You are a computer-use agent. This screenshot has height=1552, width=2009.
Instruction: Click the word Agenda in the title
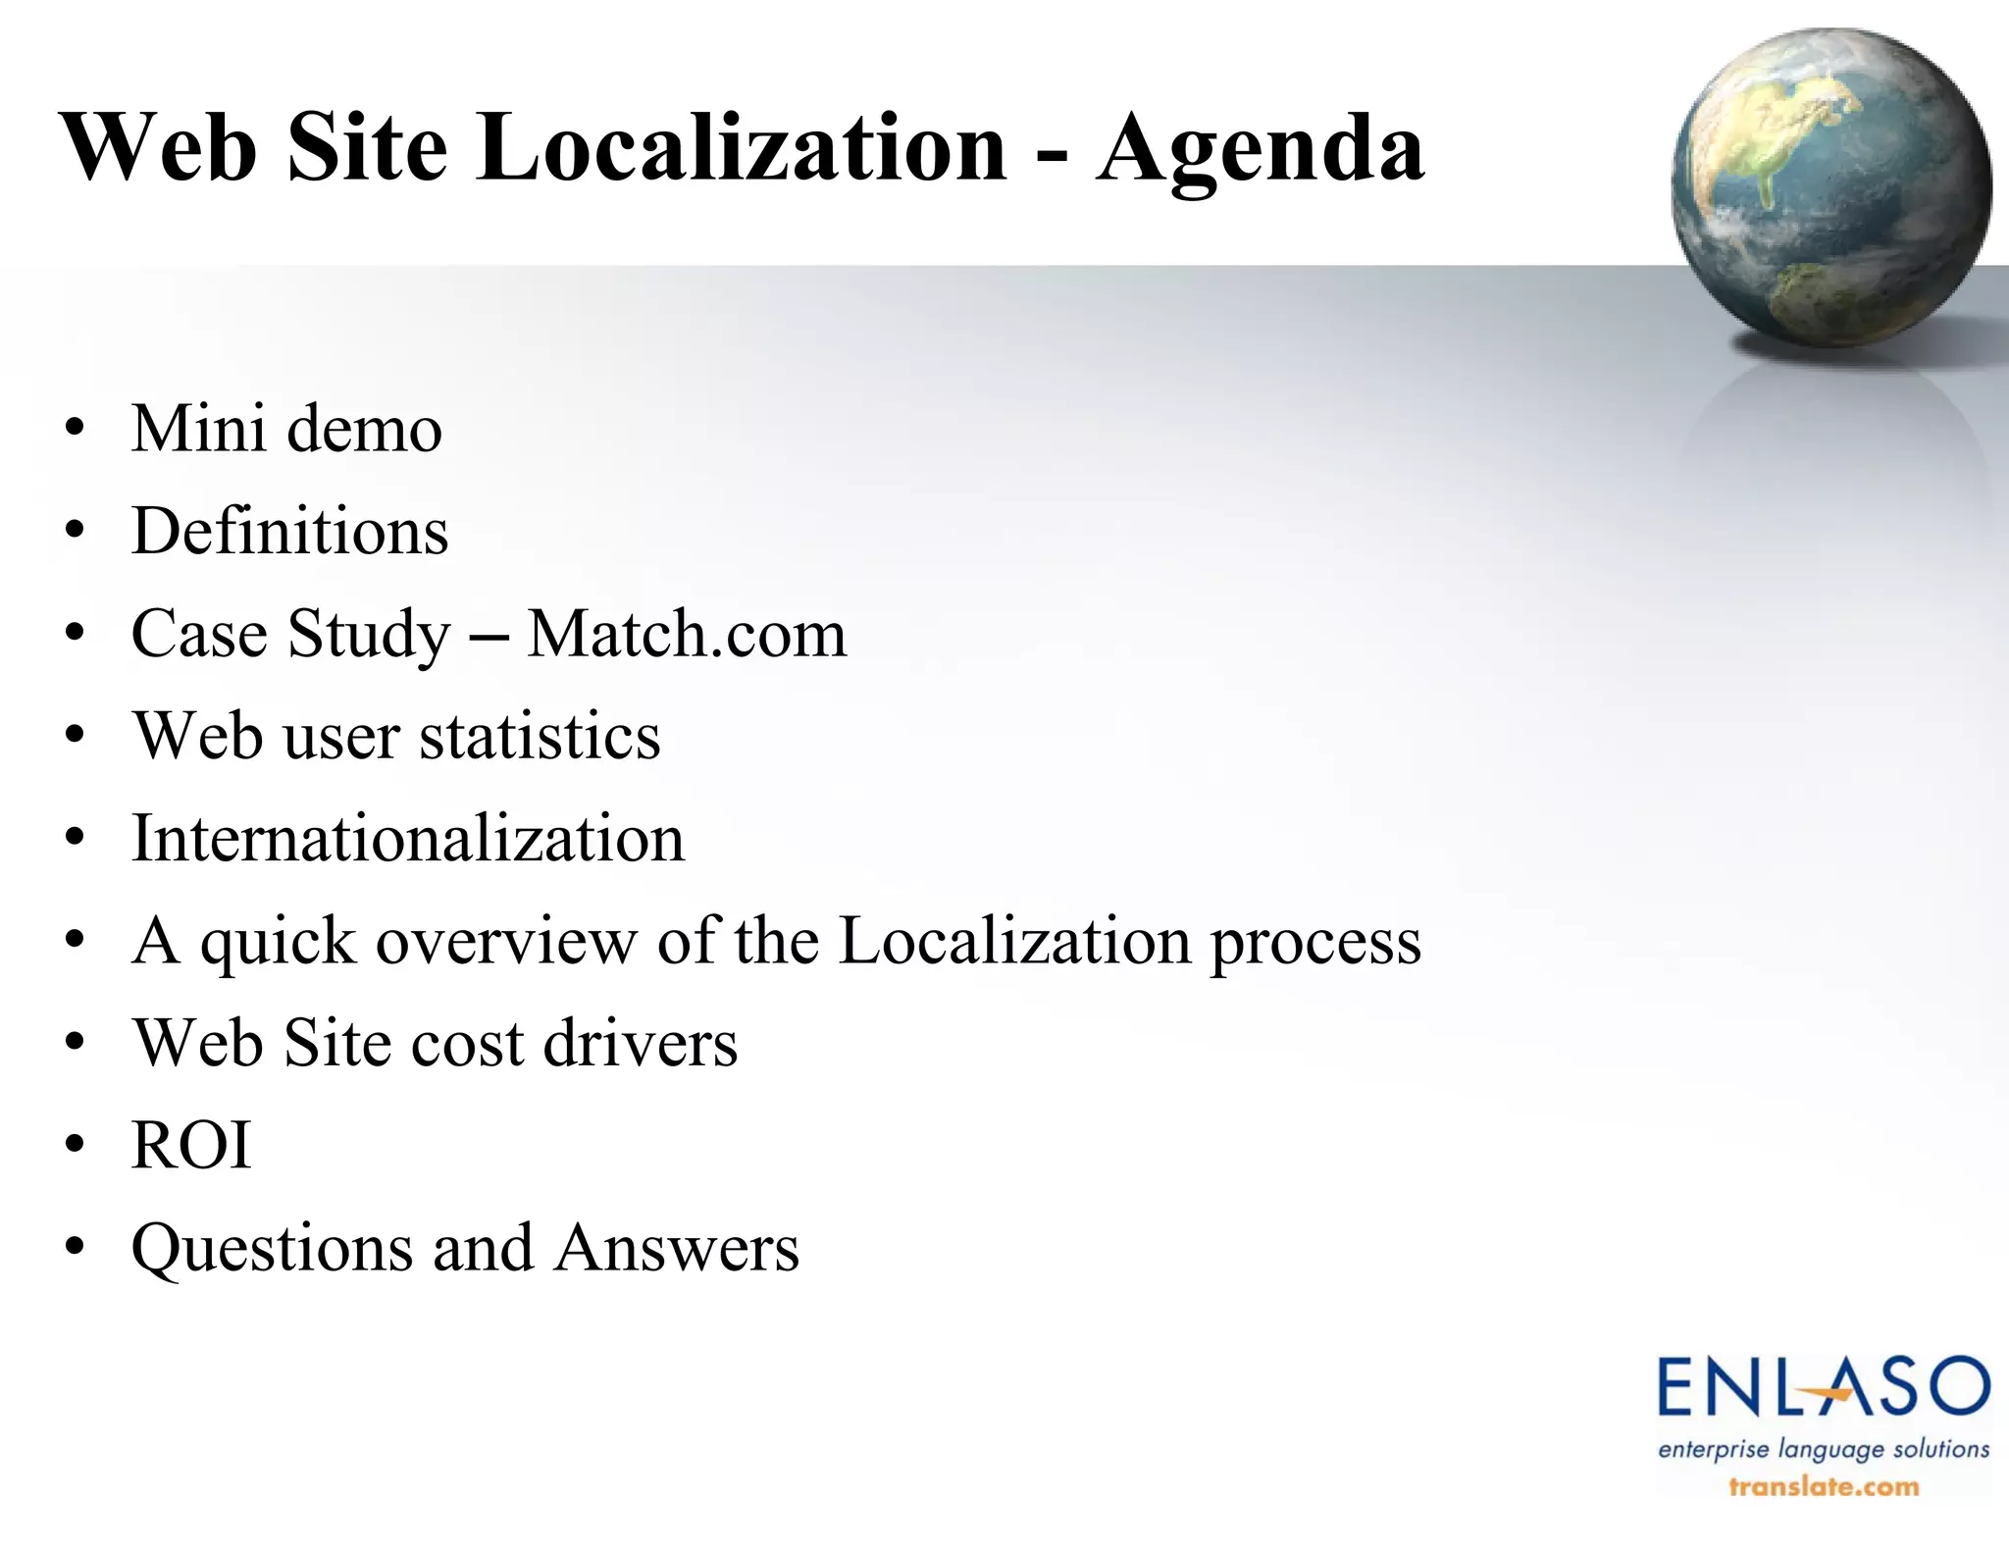[x=1261, y=149]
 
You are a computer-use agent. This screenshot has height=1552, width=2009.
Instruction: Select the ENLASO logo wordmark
[x=1823, y=1386]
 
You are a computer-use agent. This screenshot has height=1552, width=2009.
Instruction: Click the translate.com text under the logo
[x=1823, y=1486]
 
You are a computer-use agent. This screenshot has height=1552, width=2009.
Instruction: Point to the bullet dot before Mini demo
[x=75, y=430]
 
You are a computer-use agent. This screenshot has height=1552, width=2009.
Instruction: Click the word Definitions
[x=290, y=532]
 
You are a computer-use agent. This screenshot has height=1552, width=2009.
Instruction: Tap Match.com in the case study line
[x=687, y=634]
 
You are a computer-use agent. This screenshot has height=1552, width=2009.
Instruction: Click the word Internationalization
[x=408, y=839]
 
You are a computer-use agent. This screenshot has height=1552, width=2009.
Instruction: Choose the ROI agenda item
[x=191, y=1145]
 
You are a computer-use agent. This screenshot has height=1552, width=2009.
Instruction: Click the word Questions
[x=272, y=1249]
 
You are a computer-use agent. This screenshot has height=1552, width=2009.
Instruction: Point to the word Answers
[x=677, y=1248]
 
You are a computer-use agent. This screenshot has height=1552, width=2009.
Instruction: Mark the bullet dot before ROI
[x=75, y=1145]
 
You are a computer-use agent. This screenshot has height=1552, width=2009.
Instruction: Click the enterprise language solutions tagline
[x=1823, y=1449]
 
